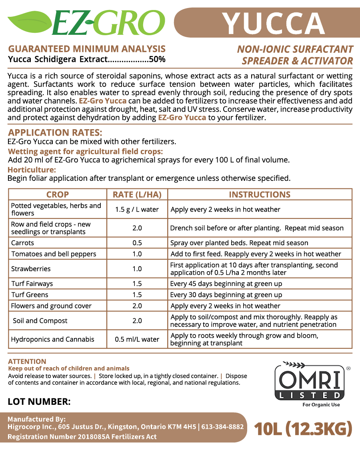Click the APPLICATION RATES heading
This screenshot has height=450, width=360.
pyautogui.click(x=55, y=132)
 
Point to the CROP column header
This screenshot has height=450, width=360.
pyautogui.click(x=58, y=194)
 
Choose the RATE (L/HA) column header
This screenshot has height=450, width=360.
pyautogui.click(x=137, y=194)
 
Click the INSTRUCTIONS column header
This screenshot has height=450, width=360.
pyautogui.click(x=260, y=194)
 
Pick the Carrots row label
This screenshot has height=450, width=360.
pyautogui.click(x=23, y=243)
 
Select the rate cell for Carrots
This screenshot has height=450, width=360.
pyautogui.click(x=137, y=243)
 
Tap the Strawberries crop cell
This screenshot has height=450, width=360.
pyautogui.click(x=31, y=269)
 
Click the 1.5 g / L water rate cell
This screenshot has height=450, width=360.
pyautogui.click(x=137, y=209)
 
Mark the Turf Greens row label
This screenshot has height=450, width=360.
pyautogui.click(x=30, y=295)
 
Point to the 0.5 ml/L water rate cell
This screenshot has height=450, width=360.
pyautogui.click(x=137, y=339)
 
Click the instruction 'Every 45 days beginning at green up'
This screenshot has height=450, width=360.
pyautogui.click(x=226, y=284)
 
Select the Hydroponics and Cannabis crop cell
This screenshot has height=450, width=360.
pyautogui.click(x=53, y=339)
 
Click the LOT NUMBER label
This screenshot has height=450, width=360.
pyautogui.click(x=39, y=402)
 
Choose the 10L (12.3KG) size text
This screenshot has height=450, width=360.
pyautogui.click(x=303, y=429)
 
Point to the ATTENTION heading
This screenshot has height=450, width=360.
pyautogui.click(x=27, y=361)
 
